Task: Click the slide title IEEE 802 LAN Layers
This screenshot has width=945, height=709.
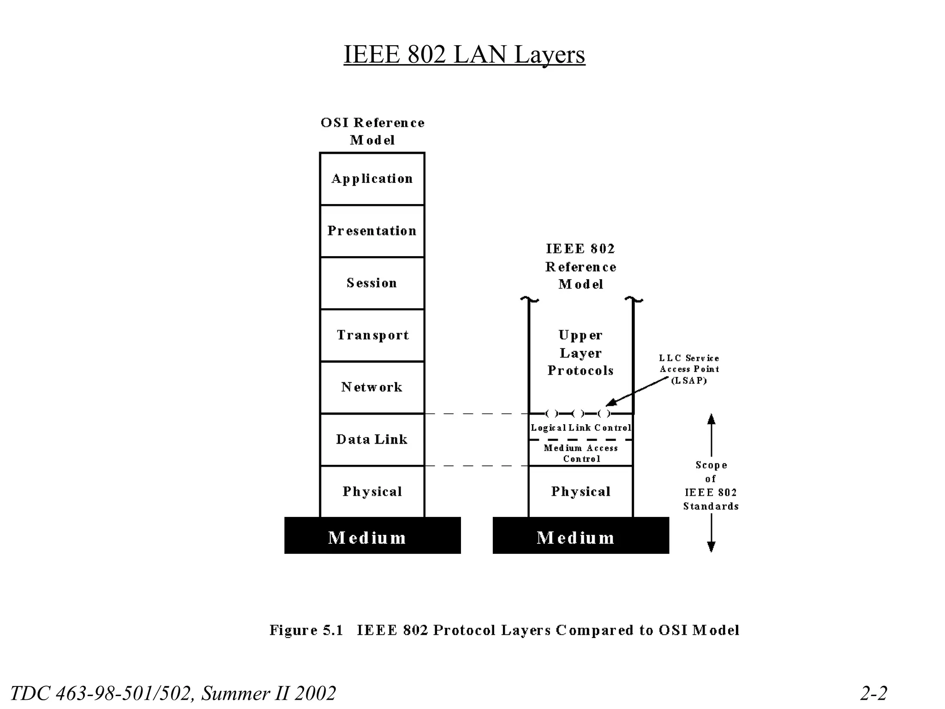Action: pyautogui.click(x=464, y=54)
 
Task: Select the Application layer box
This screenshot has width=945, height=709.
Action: pyautogui.click(x=372, y=179)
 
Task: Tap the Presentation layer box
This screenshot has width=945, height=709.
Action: pyautogui.click(x=372, y=231)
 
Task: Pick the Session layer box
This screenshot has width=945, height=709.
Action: pyautogui.click(x=372, y=283)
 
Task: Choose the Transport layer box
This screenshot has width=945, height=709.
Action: pyautogui.click(x=372, y=335)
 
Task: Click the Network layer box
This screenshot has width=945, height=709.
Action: pyautogui.click(x=372, y=387)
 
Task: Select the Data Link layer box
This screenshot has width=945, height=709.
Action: pyautogui.click(x=372, y=439)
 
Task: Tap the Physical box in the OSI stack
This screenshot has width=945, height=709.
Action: pyautogui.click(x=372, y=492)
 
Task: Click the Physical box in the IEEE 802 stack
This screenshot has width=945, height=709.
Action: pyautogui.click(x=580, y=492)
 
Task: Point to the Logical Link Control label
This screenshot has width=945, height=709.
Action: pyautogui.click(x=580, y=428)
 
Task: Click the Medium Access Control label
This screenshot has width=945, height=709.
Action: pyautogui.click(x=580, y=453)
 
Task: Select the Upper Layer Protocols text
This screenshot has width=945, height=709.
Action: pyautogui.click(x=580, y=353)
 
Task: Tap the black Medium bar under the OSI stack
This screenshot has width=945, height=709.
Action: pyautogui.click(x=372, y=535)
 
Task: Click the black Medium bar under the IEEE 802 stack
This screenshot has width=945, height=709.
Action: pyautogui.click(x=580, y=535)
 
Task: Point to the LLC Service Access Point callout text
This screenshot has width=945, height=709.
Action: pyautogui.click(x=689, y=369)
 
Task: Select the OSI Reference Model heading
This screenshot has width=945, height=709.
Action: pyautogui.click(x=372, y=131)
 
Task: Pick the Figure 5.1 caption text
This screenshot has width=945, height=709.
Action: pyautogui.click(x=504, y=630)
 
